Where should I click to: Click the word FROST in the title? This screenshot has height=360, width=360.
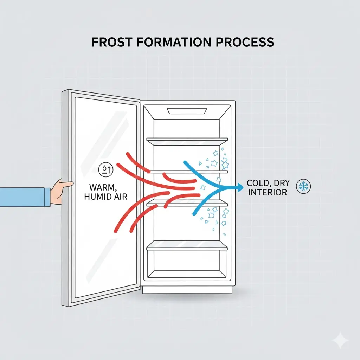(110, 42)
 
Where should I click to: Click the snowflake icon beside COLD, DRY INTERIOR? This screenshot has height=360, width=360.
(303, 186)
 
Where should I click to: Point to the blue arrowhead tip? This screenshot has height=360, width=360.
(242, 187)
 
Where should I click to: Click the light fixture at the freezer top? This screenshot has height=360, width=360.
(186, 111)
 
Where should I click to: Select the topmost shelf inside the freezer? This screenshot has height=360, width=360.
(187, 141)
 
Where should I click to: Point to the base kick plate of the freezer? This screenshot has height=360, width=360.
(187, 289)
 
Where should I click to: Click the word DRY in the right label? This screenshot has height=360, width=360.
(281, 183)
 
